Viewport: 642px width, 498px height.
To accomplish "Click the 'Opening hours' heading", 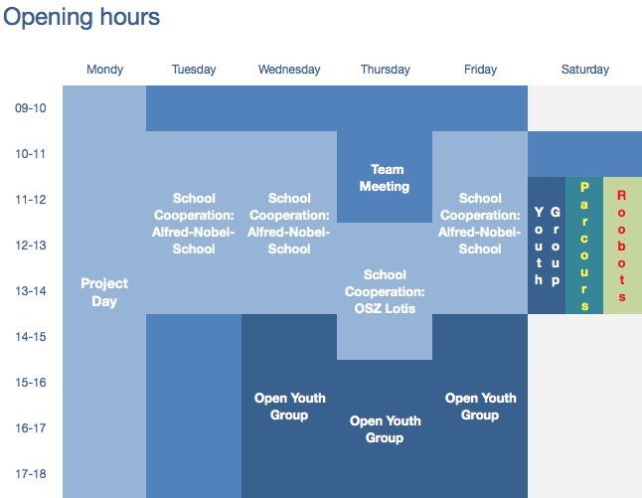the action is (x=81, y=18).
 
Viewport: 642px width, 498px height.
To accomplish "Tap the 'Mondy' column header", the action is (x=104, y=70).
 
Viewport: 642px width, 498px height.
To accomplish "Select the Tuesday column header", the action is (x=194, y=70).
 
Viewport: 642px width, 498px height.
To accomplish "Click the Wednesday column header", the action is (x=289, y=70).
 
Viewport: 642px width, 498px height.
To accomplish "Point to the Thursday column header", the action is (x=386, y=70).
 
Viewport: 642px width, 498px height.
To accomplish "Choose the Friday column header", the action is (x=480, y=70).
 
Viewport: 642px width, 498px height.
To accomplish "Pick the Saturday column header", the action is (x=585, y=70).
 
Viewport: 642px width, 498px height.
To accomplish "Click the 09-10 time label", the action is (x=31, y=108).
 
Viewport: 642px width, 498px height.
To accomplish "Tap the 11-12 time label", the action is (x=31, y=200).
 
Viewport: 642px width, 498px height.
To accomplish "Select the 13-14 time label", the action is (x=31, y=291).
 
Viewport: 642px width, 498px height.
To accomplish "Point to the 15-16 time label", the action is (x=31, y=383).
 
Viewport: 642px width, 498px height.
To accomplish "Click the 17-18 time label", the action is (x=31, y=474).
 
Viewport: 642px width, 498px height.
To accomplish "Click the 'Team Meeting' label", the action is (x=385, y=178).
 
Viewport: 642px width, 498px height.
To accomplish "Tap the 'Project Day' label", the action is (x=104, y=292).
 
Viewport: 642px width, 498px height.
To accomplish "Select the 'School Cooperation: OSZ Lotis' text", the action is (x=385, y=291).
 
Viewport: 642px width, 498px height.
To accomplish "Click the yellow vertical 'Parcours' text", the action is (x=584, y=247).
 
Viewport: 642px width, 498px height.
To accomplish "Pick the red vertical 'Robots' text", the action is (x=621, y=247).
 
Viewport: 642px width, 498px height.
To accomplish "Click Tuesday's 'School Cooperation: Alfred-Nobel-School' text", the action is (x=193, y=224).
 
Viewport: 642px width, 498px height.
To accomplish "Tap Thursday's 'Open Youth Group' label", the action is (x=385, y=429).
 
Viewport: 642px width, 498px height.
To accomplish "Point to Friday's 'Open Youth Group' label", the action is (x=480, y=407).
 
